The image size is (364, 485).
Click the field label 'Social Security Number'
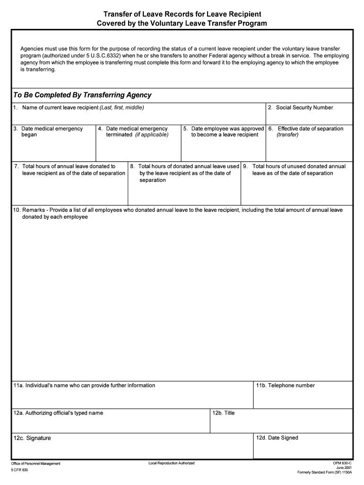304,108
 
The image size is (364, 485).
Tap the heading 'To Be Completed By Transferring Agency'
82,95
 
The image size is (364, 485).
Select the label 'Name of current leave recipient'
61,108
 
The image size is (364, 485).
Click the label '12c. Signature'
32,438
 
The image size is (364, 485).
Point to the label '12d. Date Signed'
277,438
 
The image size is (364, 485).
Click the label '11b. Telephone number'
285,386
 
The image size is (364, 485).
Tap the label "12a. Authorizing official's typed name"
58,413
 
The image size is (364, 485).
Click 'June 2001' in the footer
344,467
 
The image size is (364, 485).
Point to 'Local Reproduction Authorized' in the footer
171,463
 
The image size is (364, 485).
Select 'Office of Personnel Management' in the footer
36,463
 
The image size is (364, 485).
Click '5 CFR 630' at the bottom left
20,470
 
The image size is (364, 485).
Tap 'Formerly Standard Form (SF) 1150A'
325,473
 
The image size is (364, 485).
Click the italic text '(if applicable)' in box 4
152,135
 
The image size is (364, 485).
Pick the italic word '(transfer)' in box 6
288,135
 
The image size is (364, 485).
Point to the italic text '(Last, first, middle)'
122,108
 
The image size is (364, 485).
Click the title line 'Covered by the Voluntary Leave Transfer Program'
182,23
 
